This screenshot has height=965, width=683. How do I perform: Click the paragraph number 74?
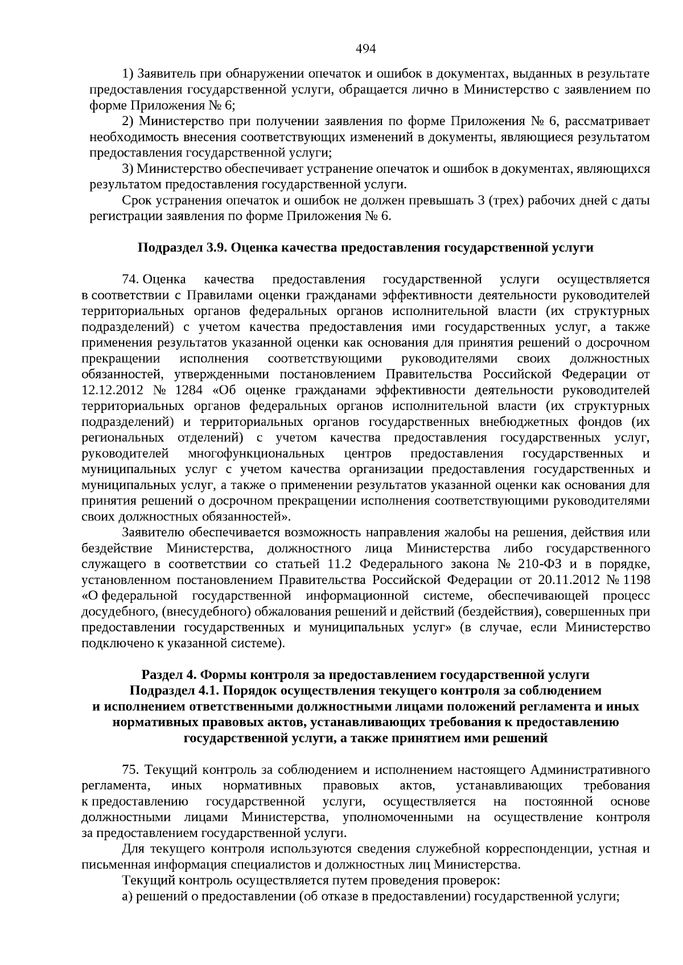(130, 279)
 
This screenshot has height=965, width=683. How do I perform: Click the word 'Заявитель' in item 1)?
(163, 74)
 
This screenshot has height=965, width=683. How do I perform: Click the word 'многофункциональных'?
(256, 454)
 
